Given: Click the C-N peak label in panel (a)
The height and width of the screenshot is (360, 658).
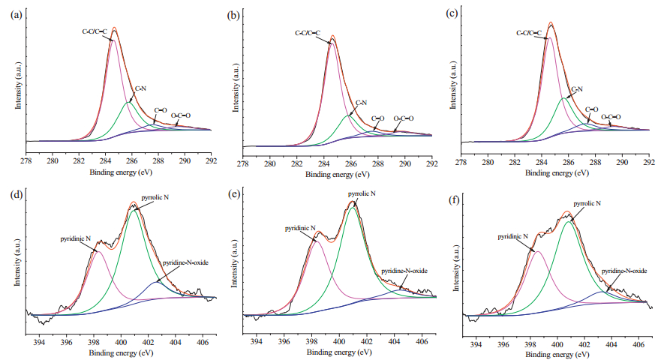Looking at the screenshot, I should (x=139, y=88).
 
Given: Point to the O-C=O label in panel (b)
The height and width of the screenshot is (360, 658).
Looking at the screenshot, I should (x=403, y=118).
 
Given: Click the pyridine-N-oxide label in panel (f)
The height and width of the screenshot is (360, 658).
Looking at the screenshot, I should (x=623, y=271).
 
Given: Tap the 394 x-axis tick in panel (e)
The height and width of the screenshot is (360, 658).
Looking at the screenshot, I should (x=256, y=341).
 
